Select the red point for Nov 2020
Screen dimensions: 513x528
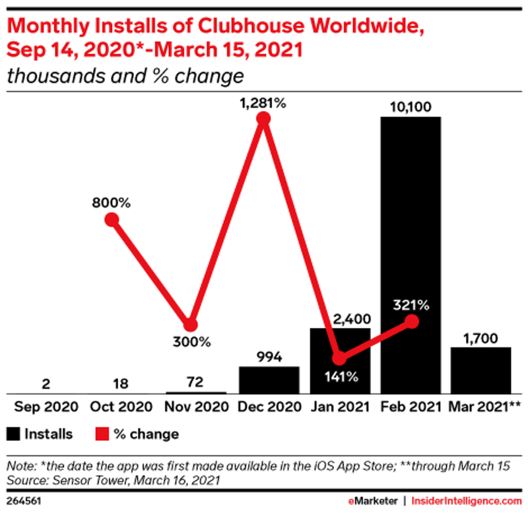tap(190, 324)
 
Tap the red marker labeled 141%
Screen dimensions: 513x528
tap(339, 359)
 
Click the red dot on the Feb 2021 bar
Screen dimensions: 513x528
tap(412, 322)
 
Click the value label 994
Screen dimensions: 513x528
tap(269, 357)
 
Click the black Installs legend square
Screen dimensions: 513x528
tap(14, 434)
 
